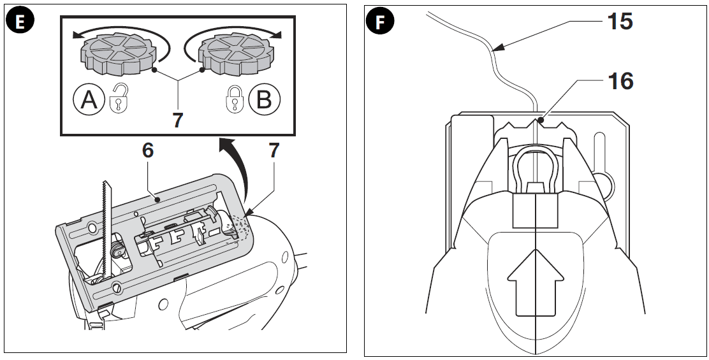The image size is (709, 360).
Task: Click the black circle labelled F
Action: (x=381, y=22)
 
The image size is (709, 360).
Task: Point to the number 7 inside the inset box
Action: (x=177, y=120)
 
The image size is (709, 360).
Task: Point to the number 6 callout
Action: (x=149, y=151)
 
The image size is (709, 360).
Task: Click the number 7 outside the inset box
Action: (x=274, y=151)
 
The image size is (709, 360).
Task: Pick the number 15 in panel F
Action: (x=619, y=21)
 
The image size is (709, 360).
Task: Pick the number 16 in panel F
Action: (x=619, y=82)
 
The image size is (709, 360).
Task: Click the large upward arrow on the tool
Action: (x=536, y=281)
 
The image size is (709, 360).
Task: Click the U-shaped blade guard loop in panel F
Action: (x=536, y=167)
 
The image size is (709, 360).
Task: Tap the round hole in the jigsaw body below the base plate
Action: (x=164, y=303)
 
